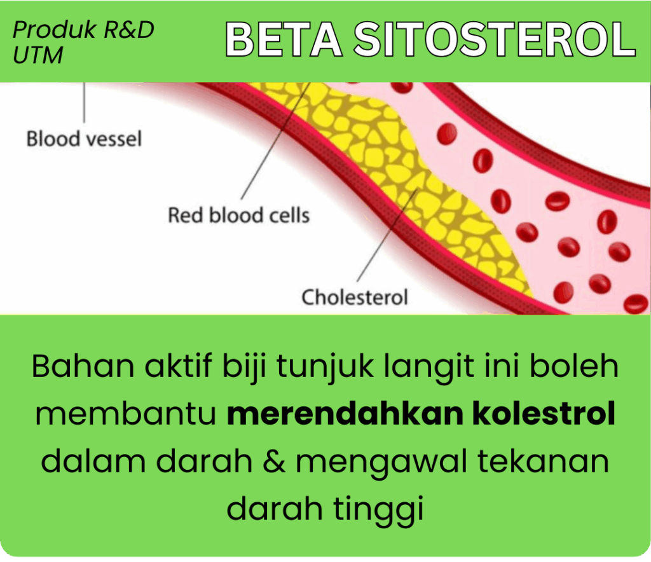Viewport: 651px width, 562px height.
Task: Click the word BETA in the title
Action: click(x=284, y=39)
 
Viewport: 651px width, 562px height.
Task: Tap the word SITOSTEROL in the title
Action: click(x=495, y=39)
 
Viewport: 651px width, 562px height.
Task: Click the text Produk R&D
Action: click(x=83, y=29)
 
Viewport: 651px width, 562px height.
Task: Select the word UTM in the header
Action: click(x=38, y=55)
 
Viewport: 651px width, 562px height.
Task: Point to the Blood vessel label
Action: click(x=84, y=139)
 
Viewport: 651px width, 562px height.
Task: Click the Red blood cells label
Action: click(x=239, y=215)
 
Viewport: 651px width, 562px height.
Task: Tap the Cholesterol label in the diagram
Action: click(x=355, y=297)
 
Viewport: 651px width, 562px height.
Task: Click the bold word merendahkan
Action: click(x=345, y=413)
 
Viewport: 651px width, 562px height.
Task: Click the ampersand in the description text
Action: click(x=275, y=461)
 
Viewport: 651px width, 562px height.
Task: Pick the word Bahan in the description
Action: click(x=83, y=366)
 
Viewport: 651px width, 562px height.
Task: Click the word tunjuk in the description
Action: click(x=325, y=367)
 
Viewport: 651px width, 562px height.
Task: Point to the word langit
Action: click(x=429, y=367)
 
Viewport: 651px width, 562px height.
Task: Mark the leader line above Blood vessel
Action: click(x=85, y=102)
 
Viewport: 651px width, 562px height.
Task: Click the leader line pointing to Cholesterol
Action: click(x=387, y=235)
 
